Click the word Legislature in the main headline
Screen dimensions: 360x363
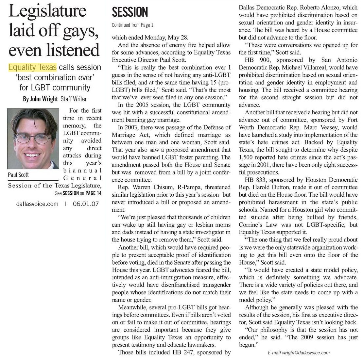(48, 12)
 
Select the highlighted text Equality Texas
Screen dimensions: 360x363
(32, 67)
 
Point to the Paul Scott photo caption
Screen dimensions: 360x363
(18, 175)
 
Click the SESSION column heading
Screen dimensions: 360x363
(130, 12)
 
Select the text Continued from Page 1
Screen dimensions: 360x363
(132, 25)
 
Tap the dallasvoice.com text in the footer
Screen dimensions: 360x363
(37, 204)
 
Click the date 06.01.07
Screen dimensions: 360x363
(86, 204)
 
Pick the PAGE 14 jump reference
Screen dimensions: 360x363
(94, 193)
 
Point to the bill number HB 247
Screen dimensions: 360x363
(182, 352)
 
